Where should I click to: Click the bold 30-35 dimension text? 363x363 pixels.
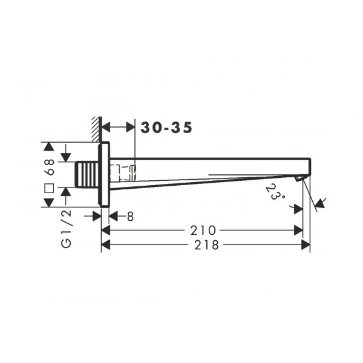pyautogui.click(x=166, y=128)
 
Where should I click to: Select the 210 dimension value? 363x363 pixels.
pyautogui.click(x=203, y=231)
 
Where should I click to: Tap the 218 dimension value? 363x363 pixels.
pyautogui.click(x=206, y=244)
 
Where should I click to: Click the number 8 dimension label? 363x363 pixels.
pyautogui.click(x=130, y=217)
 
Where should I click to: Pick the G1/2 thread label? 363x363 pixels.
pyautogui.click(x=66, y=229)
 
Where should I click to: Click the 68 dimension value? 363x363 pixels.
pyautogui.click(x=50, y=167)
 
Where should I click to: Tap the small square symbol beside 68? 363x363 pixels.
pyautogui.click(x=50, y=188)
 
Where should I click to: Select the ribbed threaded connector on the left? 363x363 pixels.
pyautogui.click(x=87, y=174)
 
